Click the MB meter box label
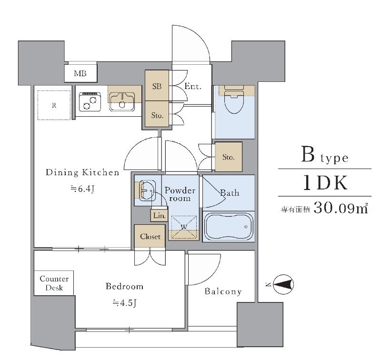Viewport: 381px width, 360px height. (x=80, y=73)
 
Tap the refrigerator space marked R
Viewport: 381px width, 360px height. (x=54, y=105)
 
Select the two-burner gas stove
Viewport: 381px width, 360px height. (x=90, y=102)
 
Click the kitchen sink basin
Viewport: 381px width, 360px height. (x=122, y=102)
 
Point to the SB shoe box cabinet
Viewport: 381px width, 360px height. (x=157, y=86)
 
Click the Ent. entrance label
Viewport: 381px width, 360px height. (x=193, y=86)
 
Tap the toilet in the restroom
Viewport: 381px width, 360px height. (x=234, y=99)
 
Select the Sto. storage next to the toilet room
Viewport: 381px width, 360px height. (x=229, y=157)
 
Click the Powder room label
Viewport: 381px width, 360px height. (x=180, y=194)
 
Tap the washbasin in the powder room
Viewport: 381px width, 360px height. (x=147, y=190)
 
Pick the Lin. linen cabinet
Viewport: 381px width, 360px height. (x=160, y=215)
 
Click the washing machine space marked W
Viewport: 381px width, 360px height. (x=184, y=227)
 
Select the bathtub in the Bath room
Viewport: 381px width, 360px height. (x=229, y=227)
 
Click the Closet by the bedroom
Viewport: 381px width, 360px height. (x=150, y=236)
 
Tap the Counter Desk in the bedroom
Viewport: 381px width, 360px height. (x=54, y=283)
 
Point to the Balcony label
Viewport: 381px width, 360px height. (x=223, y=291)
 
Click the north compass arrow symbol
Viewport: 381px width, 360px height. (x=283, y=284)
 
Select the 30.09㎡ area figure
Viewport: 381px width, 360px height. (x=341, y=208)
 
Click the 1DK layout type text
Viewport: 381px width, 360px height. (x=325, y=183)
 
